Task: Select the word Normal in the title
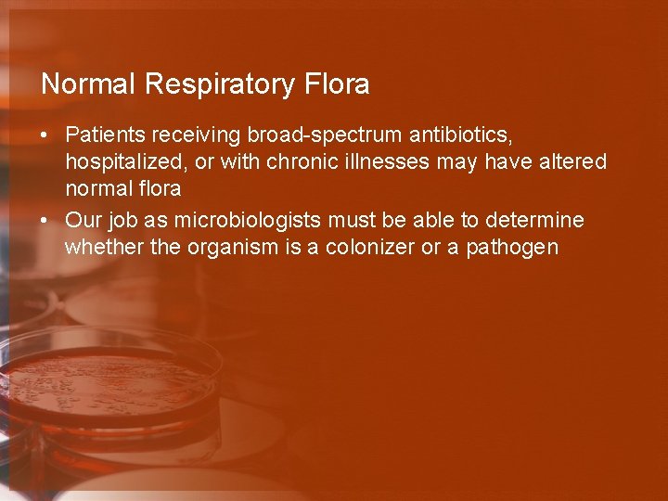(x=89, y=84)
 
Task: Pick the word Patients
(x=102, y=135)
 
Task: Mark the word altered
(x=572, y=162)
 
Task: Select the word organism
(x=221, y=248)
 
